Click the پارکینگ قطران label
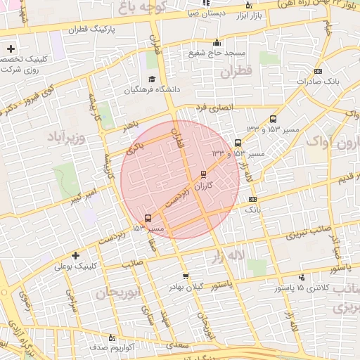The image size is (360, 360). click(91, 31)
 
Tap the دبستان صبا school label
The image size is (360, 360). click(206, 13)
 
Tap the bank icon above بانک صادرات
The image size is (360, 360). click(318, 71)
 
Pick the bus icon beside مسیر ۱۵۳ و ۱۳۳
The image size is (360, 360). click(274, 120)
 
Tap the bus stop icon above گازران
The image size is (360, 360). click(204, 174)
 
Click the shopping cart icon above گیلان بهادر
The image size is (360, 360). click(185, 276)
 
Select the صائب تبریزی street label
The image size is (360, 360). click(310, 236)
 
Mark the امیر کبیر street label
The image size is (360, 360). click(82, 197)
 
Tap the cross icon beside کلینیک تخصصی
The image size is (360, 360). click(11, 49)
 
